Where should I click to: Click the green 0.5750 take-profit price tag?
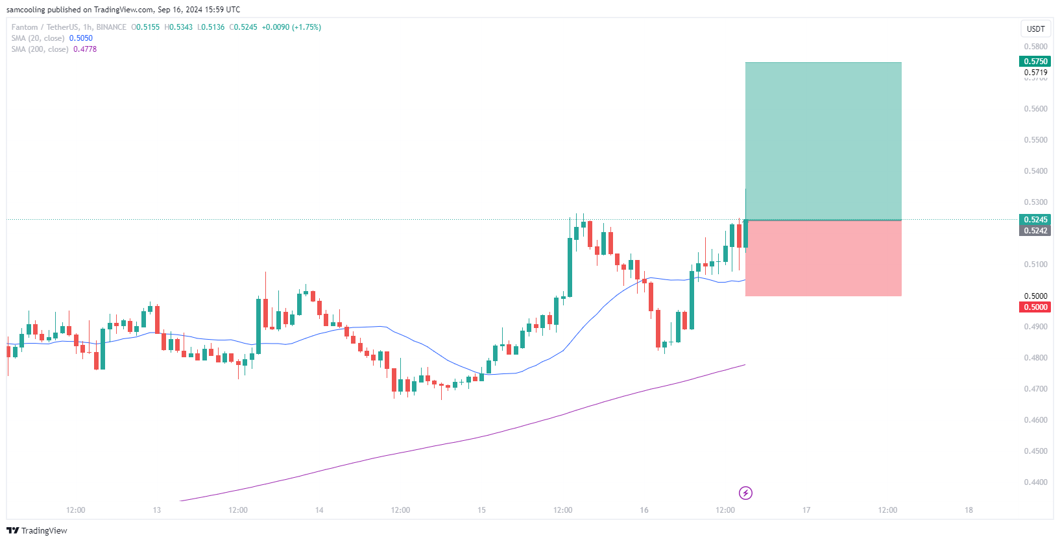coord(1035,62)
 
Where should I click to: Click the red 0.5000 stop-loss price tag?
coord(1035,307)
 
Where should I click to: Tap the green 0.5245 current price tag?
coord(1035,220)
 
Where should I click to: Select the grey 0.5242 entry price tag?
coord(1035,231)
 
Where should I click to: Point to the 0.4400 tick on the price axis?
coord(1035,482)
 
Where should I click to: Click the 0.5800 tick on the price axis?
coord(1035,47)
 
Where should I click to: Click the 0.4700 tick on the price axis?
coord(1035,389)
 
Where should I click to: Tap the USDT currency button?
coord(1035,29)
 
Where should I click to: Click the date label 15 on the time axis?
coord(481,510)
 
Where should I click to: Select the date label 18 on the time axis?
coord(969,510)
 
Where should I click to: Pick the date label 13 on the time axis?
coord(157,510)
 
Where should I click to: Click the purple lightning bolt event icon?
coord(746,493)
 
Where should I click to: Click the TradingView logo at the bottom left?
coord(37,530)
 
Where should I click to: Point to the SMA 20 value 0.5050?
coord(81,38)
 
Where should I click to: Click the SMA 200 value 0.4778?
coord(85,49)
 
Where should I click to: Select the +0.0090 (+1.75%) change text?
coord(291,27)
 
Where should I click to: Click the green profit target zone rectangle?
coord(823,141)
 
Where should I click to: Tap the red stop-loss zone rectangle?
coord(823,259)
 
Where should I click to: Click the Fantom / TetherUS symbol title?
coord(45,27)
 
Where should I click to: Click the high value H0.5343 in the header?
coord(178,27)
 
